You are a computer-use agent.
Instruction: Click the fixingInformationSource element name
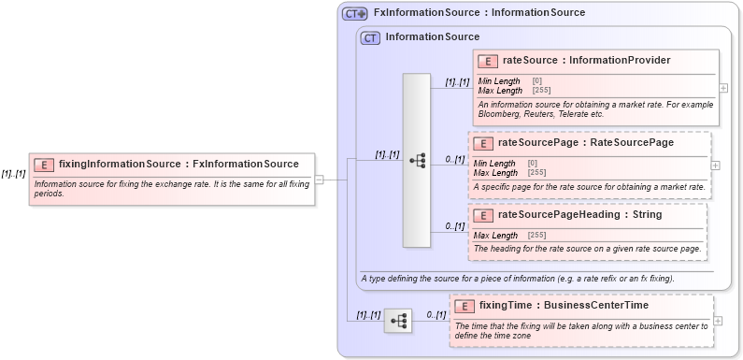tap(178, 164)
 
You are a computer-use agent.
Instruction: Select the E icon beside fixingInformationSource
tap(43, 165)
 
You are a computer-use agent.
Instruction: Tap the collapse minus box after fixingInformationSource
tap(319, 180)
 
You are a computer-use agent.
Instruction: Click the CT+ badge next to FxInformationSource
tap(354, 13)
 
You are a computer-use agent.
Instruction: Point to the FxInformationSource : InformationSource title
tap(479, 13)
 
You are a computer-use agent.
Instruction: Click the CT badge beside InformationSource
tap(370, 37)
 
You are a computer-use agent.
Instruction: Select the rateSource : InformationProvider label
tap(586, 61)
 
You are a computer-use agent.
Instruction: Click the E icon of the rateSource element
tap(487, 62)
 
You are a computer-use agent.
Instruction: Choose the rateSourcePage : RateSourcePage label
tap(585, 143)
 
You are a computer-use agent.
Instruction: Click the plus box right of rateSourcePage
tap(716, 165)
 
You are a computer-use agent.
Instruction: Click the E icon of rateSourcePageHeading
tap(482, 216)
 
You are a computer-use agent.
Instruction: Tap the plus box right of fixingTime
tap(718, 321)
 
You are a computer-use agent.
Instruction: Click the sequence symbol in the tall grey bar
tap(417, 161)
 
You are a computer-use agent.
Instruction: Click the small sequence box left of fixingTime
tap(398, 320)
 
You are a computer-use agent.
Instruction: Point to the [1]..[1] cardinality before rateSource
tap(457, 82)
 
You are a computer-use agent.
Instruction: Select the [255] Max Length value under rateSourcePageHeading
tap(536, 235)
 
